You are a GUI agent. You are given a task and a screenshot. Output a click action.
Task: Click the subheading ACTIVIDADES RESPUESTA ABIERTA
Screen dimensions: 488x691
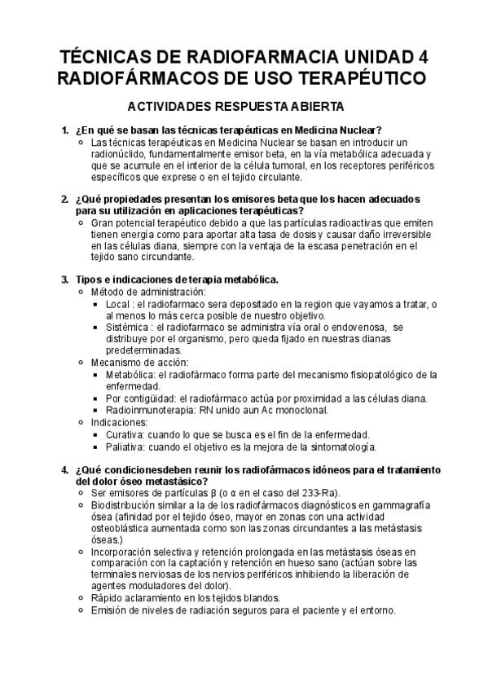click(x=235, y=106)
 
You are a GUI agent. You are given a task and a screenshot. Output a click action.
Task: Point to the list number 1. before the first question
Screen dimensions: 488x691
click(x=65, y=130)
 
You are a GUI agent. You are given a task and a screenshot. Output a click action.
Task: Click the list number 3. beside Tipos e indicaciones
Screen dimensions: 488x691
click(x=65, y=279)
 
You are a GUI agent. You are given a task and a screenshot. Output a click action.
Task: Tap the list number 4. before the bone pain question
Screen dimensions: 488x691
click(x=65, y=470)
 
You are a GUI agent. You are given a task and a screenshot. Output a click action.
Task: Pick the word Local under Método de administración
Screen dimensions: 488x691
click(x=119, y=304)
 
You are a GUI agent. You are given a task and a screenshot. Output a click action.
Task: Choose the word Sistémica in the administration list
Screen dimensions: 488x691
click(x=129, y=328)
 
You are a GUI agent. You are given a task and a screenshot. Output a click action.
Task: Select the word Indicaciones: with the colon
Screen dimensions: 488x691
click(x=119, y=423)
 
